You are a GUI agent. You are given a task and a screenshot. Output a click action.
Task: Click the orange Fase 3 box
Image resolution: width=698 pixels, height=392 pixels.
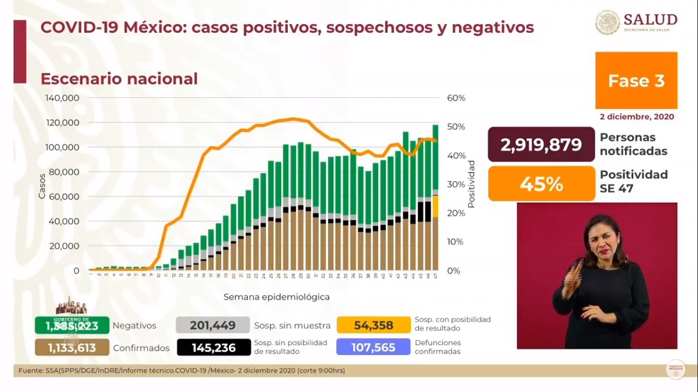pos(636,81)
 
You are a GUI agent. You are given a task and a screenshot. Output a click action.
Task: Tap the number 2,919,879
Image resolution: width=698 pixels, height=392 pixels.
pos(541,144)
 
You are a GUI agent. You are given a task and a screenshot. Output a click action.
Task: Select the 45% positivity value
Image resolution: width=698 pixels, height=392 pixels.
pos(541,183)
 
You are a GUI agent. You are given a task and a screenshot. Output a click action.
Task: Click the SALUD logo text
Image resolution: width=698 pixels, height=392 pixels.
pos(650,20)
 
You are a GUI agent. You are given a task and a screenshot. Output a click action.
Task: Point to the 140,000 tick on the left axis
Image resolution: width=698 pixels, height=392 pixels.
pos(62,98)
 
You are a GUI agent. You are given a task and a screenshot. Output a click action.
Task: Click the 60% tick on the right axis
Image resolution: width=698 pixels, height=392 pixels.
pos(456,98)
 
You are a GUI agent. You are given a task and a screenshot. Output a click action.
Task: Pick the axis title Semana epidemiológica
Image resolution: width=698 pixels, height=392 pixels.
pos(276,297)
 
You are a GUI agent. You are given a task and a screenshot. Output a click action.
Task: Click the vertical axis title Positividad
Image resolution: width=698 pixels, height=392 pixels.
pos(471,184)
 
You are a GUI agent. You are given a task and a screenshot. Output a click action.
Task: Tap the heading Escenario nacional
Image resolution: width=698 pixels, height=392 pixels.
pos(119,79)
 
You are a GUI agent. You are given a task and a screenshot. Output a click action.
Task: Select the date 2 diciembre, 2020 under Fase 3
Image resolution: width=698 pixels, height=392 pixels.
pos(637,116)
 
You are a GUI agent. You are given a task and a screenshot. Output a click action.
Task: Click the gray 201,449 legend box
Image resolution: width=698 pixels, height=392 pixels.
pos(213,325)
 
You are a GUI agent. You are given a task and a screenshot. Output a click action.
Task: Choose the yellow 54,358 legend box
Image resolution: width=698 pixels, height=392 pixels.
pos(374,325)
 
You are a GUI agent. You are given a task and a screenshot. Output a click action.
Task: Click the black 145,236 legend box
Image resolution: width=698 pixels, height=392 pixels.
pos(213,348)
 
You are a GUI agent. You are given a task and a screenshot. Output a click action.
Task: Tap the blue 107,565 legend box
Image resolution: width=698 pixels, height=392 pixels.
pos(373,348)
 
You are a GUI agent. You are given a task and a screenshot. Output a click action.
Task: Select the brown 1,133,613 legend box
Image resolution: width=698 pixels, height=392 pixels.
pos(72,348)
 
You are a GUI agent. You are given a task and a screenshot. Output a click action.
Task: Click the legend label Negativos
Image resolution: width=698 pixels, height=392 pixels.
pos(134,326)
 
